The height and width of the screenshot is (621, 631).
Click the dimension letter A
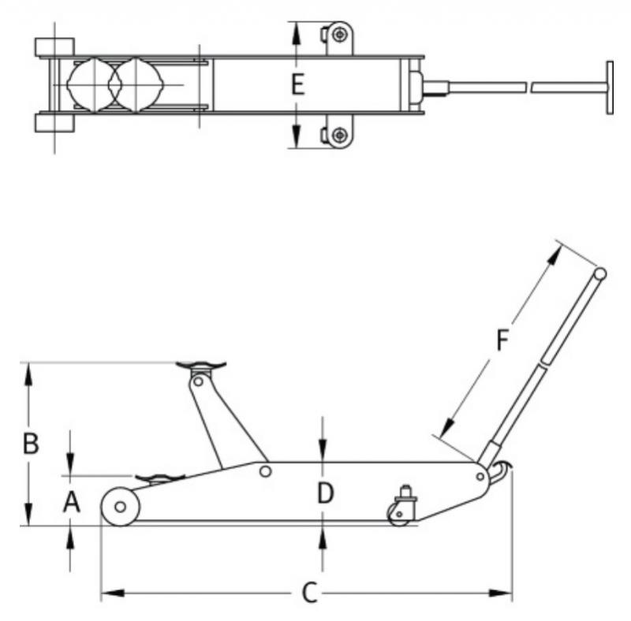tap(72, 501)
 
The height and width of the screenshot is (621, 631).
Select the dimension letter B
tap(30, 444)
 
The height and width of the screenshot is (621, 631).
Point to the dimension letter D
tap(325, 494)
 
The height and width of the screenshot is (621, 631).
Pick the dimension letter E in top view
tap(297, 84)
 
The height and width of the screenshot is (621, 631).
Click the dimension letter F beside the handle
tap(502, 340)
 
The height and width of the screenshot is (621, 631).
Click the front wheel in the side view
tap(120, 506)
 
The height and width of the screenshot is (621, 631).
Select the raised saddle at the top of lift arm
tap(200, 366)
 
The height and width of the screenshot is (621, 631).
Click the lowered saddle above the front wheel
tap(159, 478)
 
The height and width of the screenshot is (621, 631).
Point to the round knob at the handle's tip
tap(600, 274)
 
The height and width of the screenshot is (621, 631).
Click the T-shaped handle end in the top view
tap(610, 87)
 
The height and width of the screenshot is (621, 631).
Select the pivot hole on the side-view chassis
tap(266, 471)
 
